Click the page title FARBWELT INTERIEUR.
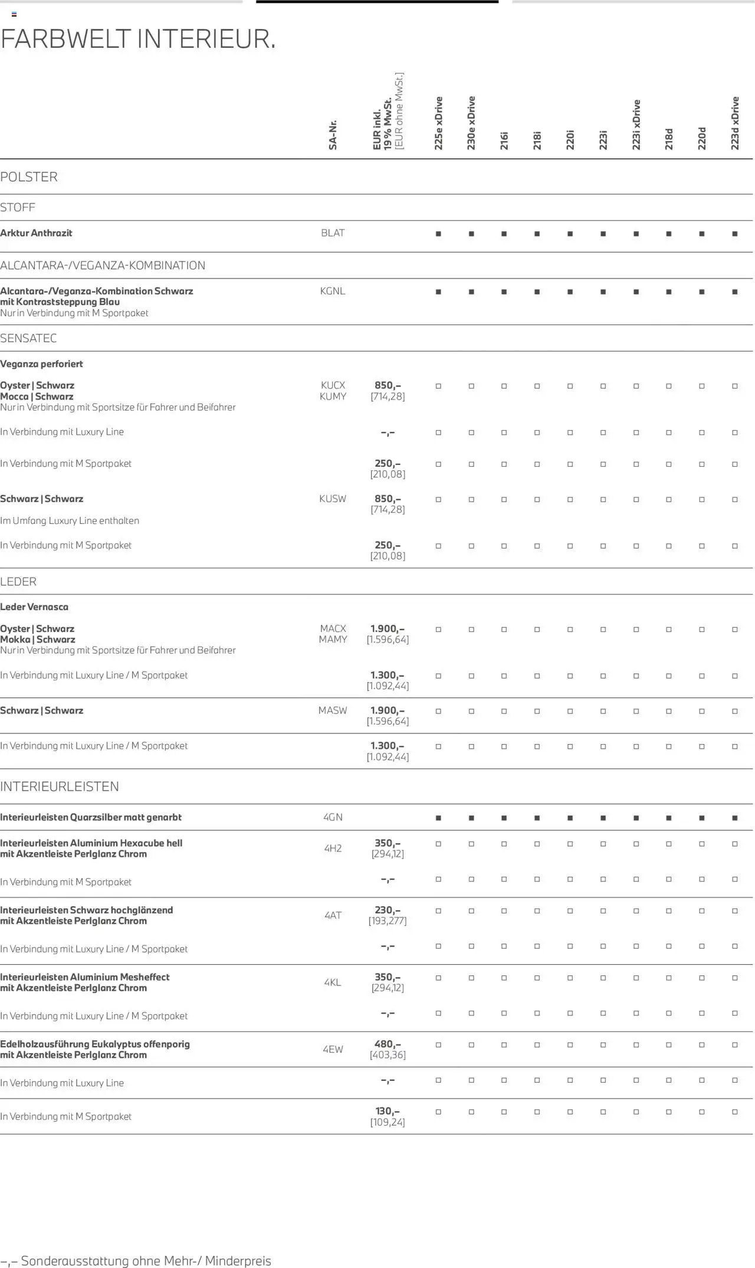pos(138,40)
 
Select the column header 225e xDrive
pos(438,123)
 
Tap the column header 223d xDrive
pos(735,123)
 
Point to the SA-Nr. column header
pos(333,134)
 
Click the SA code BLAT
pos(333,233)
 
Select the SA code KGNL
pos(333,291)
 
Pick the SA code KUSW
pos(333,499)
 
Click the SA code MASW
pos(333,710)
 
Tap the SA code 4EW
pos(333,1049)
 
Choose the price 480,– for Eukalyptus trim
pos(388,1044)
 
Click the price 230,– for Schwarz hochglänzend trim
pos(388,910)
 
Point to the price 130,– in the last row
pos(388,1111)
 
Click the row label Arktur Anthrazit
pos(36,233)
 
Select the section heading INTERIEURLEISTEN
pos(60,787)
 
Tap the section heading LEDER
pos(18,582)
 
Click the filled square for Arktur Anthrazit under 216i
pos(504,234)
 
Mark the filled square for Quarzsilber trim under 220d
pos(702,818)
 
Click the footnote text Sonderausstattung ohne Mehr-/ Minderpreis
pos(146,1261)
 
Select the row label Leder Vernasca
pos(34,607)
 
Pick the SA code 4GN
pos(333,817)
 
